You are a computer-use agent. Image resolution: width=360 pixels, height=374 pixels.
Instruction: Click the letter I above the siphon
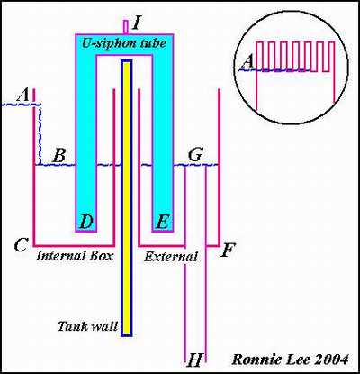136,23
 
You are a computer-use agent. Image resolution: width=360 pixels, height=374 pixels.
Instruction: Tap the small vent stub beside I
126,26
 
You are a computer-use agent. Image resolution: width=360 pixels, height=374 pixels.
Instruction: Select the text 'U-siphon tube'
124,43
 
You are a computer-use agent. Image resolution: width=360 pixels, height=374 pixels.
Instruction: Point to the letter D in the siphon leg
86,222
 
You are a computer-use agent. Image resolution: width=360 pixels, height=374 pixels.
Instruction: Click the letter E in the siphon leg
162,222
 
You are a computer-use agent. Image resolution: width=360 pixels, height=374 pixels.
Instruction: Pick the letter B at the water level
58,156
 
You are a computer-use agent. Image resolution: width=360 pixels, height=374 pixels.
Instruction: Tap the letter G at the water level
195,155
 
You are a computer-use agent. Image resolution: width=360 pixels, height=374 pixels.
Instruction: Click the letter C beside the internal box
22,245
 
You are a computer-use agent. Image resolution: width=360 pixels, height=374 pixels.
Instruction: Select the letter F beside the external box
228,251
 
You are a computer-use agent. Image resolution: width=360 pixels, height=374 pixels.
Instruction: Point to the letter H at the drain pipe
194,360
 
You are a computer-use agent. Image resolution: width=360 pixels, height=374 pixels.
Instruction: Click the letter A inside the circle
248,62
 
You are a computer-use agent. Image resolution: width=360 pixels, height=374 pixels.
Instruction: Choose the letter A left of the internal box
23,96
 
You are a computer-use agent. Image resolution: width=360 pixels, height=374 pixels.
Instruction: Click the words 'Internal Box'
75,256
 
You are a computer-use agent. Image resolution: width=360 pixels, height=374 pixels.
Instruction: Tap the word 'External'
171,256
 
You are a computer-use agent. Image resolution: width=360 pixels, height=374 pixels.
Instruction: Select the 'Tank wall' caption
88,326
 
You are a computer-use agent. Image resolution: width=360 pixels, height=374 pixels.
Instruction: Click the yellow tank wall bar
127,198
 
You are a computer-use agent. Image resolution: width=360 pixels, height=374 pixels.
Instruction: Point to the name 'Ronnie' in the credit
255,360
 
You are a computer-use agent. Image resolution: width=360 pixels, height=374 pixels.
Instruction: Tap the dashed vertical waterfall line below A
40,134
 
